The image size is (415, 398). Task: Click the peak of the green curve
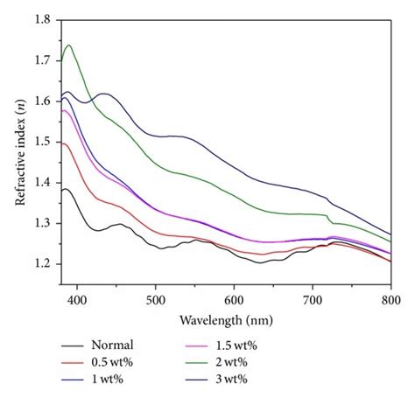(x=68, y=45)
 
